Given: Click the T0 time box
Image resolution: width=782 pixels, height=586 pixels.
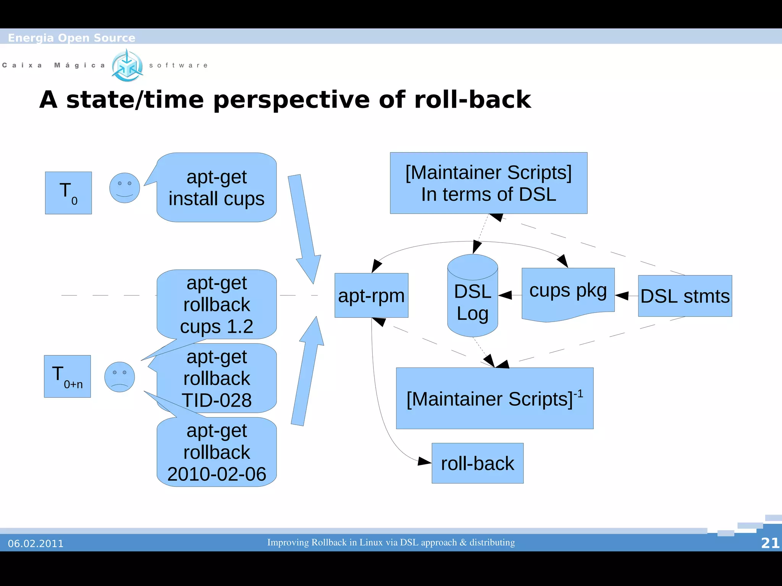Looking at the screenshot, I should [x=68, y=193].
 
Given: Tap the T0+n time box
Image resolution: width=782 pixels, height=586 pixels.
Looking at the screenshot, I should [x=67, y=376].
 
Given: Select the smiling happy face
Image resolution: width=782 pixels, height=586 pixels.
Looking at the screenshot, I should [x=124, y=188].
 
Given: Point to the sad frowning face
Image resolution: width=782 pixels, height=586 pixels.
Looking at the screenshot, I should [x=120, y=377].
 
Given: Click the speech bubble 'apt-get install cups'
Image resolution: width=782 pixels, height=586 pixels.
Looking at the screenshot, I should [x=217, y=188].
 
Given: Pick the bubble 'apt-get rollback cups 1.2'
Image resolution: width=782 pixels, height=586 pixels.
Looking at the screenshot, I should [x=217, y=304].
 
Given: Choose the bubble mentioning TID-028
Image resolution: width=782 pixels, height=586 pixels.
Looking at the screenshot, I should [x=217, y=378].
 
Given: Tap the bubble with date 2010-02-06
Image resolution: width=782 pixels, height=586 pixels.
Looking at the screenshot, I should [x=217, y=452].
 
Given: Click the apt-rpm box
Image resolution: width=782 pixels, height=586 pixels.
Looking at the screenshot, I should [x=371, y=295].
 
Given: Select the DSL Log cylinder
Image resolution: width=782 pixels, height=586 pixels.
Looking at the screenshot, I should [x=472, y=301].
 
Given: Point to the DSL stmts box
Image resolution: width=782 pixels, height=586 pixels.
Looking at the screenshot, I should [x=685, y=296].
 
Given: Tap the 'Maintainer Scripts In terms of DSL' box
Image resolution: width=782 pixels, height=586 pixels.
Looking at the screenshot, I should [x=488, y=183].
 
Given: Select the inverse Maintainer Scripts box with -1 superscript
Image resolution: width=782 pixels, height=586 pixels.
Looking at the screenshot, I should [x=494, y=398].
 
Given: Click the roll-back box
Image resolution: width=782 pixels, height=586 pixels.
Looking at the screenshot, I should [x=477, y=463].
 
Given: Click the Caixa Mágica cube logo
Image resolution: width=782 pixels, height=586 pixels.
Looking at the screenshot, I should [x=127, y=66].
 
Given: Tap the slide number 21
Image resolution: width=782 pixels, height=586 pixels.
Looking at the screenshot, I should [x=770, y=543].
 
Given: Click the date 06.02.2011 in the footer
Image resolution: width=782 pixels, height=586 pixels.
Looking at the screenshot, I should [x=36, y=543].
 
